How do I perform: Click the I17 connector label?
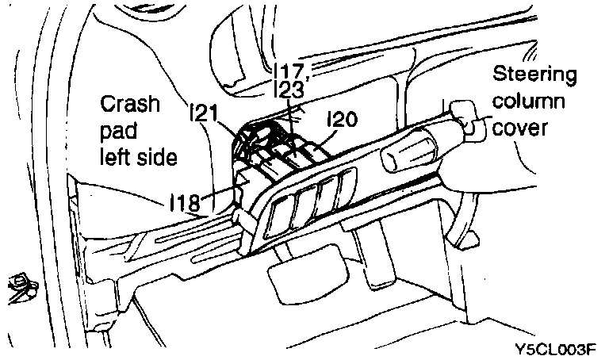289,68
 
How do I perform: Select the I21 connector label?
205,115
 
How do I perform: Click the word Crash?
130,105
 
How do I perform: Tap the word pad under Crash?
119,131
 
